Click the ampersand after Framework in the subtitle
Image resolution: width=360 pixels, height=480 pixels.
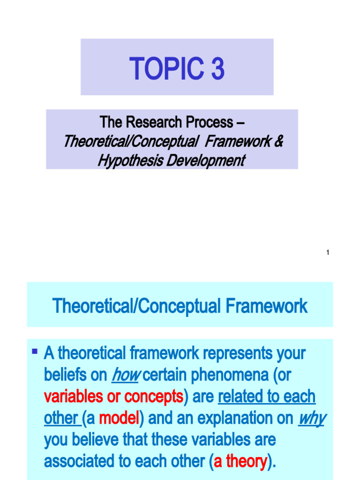point(278,141)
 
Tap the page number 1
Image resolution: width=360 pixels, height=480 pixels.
point(328,253)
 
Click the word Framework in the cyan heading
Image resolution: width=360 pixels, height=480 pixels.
point(267,307)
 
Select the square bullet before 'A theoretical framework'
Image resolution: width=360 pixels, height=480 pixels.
point(35,350)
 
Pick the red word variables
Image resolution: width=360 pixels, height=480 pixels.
point(74,397)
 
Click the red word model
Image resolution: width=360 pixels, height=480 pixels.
point(119,418)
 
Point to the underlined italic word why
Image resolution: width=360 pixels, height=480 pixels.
point(311,418)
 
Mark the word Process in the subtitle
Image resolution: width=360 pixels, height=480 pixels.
point(210,122)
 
